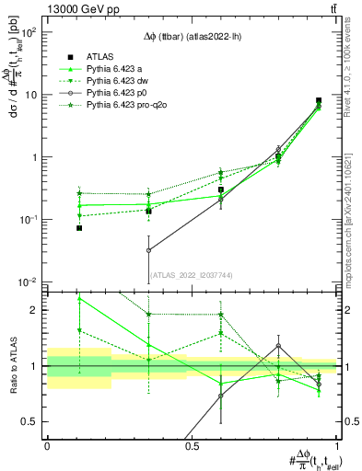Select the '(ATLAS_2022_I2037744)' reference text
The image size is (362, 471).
coord(191,274)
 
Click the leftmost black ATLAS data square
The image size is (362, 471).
coord(79,227)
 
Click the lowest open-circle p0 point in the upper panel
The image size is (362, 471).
coord(148,249)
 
